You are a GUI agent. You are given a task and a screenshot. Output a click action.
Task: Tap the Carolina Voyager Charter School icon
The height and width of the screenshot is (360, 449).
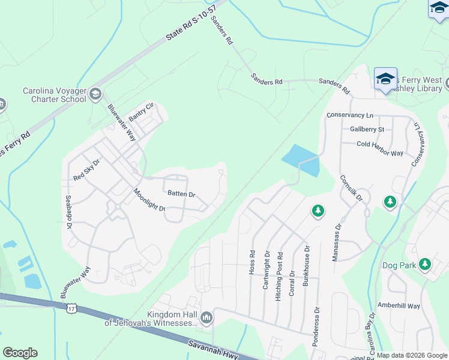tap(95, 94)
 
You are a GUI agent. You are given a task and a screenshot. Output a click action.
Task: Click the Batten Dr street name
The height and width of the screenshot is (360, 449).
tap(181, 194)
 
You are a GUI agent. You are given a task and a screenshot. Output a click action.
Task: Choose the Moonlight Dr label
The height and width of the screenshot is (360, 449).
tap(149, 200)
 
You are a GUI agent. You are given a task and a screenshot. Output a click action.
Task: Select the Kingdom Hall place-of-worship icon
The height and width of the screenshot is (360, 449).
tap(206, 317)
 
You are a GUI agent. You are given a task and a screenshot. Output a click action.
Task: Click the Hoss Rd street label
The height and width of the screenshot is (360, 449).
tap(252, 262)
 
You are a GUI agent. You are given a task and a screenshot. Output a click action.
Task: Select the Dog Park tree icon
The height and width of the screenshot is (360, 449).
tap(426, 264)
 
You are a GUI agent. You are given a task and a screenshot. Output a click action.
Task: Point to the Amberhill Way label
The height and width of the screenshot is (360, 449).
tap(399, 305)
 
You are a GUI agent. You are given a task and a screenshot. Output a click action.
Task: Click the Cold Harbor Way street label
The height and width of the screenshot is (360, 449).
tap(380, 153)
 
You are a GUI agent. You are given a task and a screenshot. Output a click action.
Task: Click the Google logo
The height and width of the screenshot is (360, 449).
tap(20, 353)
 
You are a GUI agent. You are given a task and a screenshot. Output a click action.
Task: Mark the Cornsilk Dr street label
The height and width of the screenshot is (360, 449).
tap(351, 188)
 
